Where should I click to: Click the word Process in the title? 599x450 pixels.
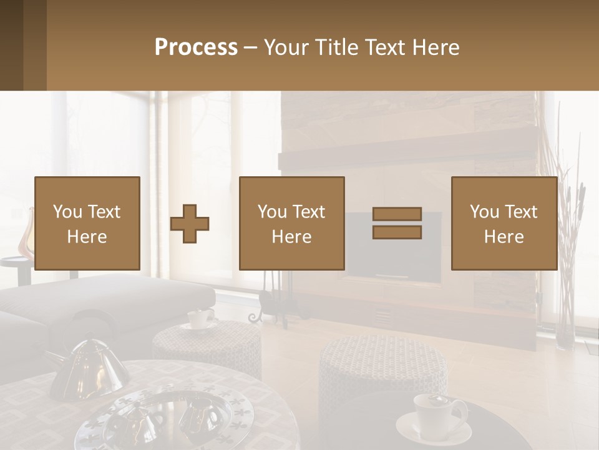click(196, 47)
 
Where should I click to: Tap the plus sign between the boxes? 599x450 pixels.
click(190, 224)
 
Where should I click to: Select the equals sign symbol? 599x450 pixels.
click(397, 223)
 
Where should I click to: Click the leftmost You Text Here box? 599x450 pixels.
click(87, 223)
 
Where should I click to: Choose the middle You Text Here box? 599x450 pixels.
click(292, 223)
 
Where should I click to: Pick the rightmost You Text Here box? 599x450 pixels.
click(504, 223)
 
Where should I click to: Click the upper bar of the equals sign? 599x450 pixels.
click(397, 214)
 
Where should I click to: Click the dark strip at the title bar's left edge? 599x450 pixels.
click(11, 45)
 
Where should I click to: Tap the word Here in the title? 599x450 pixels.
click(436, 47)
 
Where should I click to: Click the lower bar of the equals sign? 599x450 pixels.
click(397, 232)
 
